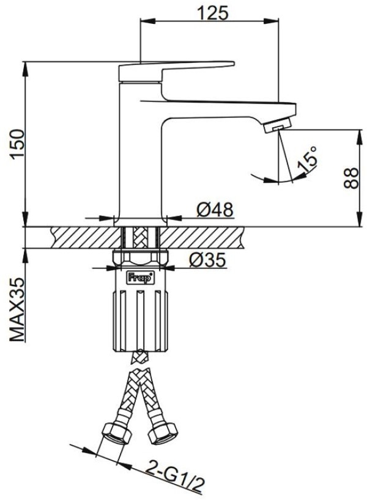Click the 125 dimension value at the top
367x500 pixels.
point(213,13)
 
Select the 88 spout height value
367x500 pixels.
point(351,178)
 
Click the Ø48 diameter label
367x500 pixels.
point(215,210)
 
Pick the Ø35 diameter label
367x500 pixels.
point(207,260)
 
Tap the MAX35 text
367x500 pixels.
point(17,310)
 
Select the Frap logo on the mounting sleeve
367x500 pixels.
point(141,278)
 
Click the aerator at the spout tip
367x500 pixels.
point(278,125)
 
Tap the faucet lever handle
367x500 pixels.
point(177,71)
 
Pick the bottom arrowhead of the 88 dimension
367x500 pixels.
point(360,219)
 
